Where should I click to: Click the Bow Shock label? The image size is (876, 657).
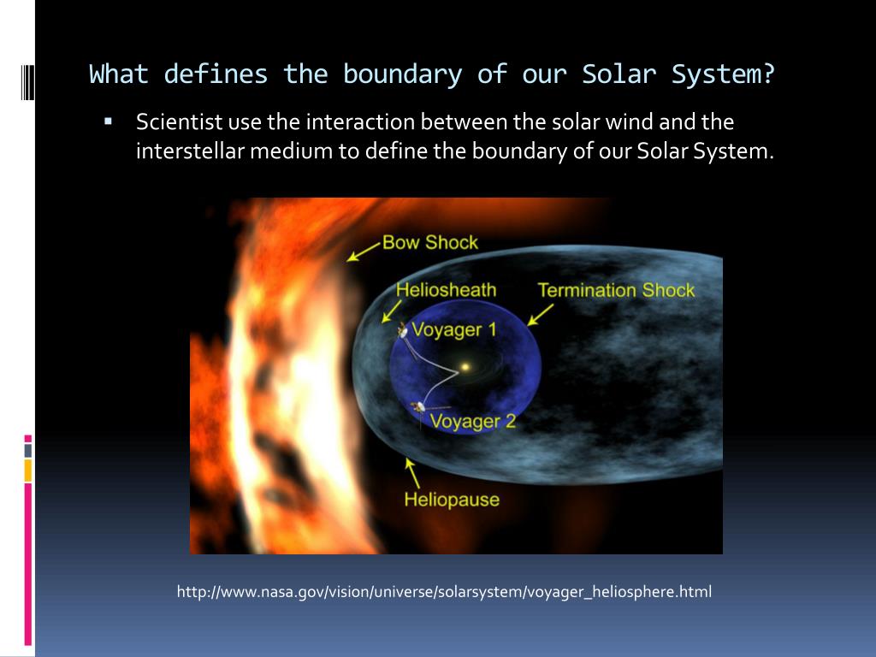[430, 242]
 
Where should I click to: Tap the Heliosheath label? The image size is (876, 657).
[446, 290]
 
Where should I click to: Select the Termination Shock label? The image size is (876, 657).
[616, 290]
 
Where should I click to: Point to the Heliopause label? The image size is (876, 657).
[452, 500]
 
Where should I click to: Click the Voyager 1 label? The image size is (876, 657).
[454, 329]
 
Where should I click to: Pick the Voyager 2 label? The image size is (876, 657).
[472, 421]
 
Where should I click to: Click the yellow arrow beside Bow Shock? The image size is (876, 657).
[364, 252]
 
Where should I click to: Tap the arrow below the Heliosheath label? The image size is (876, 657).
[392, 311]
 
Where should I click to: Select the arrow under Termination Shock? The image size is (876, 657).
[541, 315]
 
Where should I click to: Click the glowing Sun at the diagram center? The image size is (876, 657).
[465, 367]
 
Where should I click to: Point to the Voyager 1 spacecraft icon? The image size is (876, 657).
[402, 331]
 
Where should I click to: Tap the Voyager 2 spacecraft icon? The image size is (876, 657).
[417, 406]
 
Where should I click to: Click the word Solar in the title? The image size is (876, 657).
[619, 74]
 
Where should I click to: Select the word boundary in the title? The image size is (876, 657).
[402, 75]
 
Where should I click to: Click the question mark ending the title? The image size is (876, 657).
[768, 74]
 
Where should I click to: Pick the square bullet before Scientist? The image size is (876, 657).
[109, 121]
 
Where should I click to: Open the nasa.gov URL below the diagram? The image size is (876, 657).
[444, 592]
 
